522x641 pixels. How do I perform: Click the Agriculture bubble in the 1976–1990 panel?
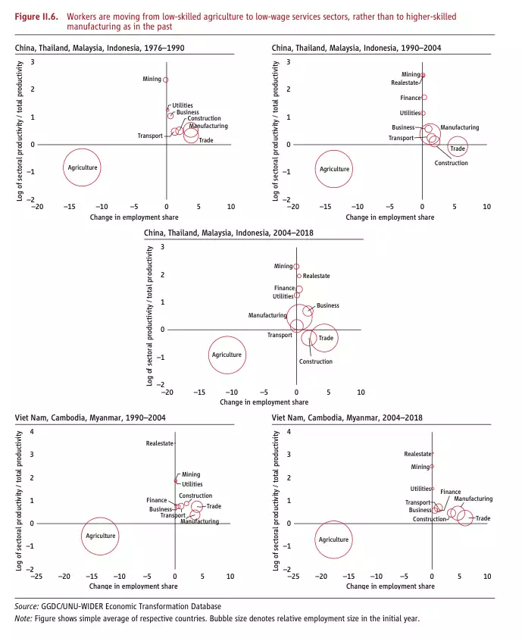coord(83,167)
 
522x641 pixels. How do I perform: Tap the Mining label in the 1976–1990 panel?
coord(152,79)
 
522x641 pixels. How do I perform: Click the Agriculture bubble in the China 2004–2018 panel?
coord(227,355)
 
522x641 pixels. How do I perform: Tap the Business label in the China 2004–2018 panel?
coord(328,305)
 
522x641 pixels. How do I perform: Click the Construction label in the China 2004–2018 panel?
coord(315,361)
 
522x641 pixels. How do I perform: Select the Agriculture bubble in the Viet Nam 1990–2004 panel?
coord(100,536)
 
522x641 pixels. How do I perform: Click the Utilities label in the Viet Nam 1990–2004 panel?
coord(192,483)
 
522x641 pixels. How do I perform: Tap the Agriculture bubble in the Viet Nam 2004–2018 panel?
coord(333,539)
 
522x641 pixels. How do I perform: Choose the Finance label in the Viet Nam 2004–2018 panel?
coord(450,492)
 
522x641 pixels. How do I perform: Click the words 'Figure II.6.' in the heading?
coord(37,16)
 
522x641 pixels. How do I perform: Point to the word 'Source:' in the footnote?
coord(27,606)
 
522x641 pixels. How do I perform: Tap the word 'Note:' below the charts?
coord(23,618)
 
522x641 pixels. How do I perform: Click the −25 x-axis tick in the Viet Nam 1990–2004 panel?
coord(36,577)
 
